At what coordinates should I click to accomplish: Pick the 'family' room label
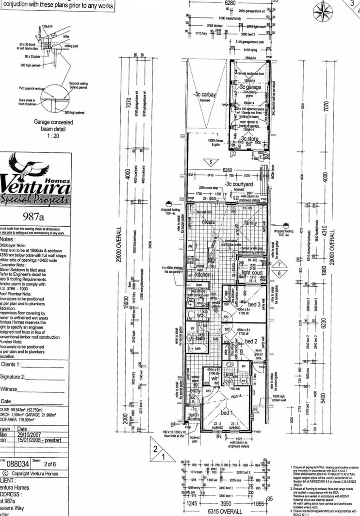[x=250, y=223]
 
